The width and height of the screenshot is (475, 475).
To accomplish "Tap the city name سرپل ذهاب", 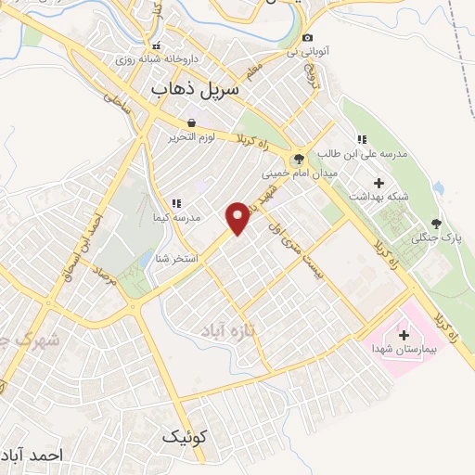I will coord(195,88).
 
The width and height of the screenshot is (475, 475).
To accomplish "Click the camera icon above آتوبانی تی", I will coord(307,37).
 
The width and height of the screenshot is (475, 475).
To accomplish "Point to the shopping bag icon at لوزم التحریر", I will coord(191,122).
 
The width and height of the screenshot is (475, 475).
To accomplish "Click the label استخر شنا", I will coord(174,258).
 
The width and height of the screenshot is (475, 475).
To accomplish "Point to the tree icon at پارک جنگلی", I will coord(434,224).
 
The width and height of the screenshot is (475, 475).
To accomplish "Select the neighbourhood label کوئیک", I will coord(185,435).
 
